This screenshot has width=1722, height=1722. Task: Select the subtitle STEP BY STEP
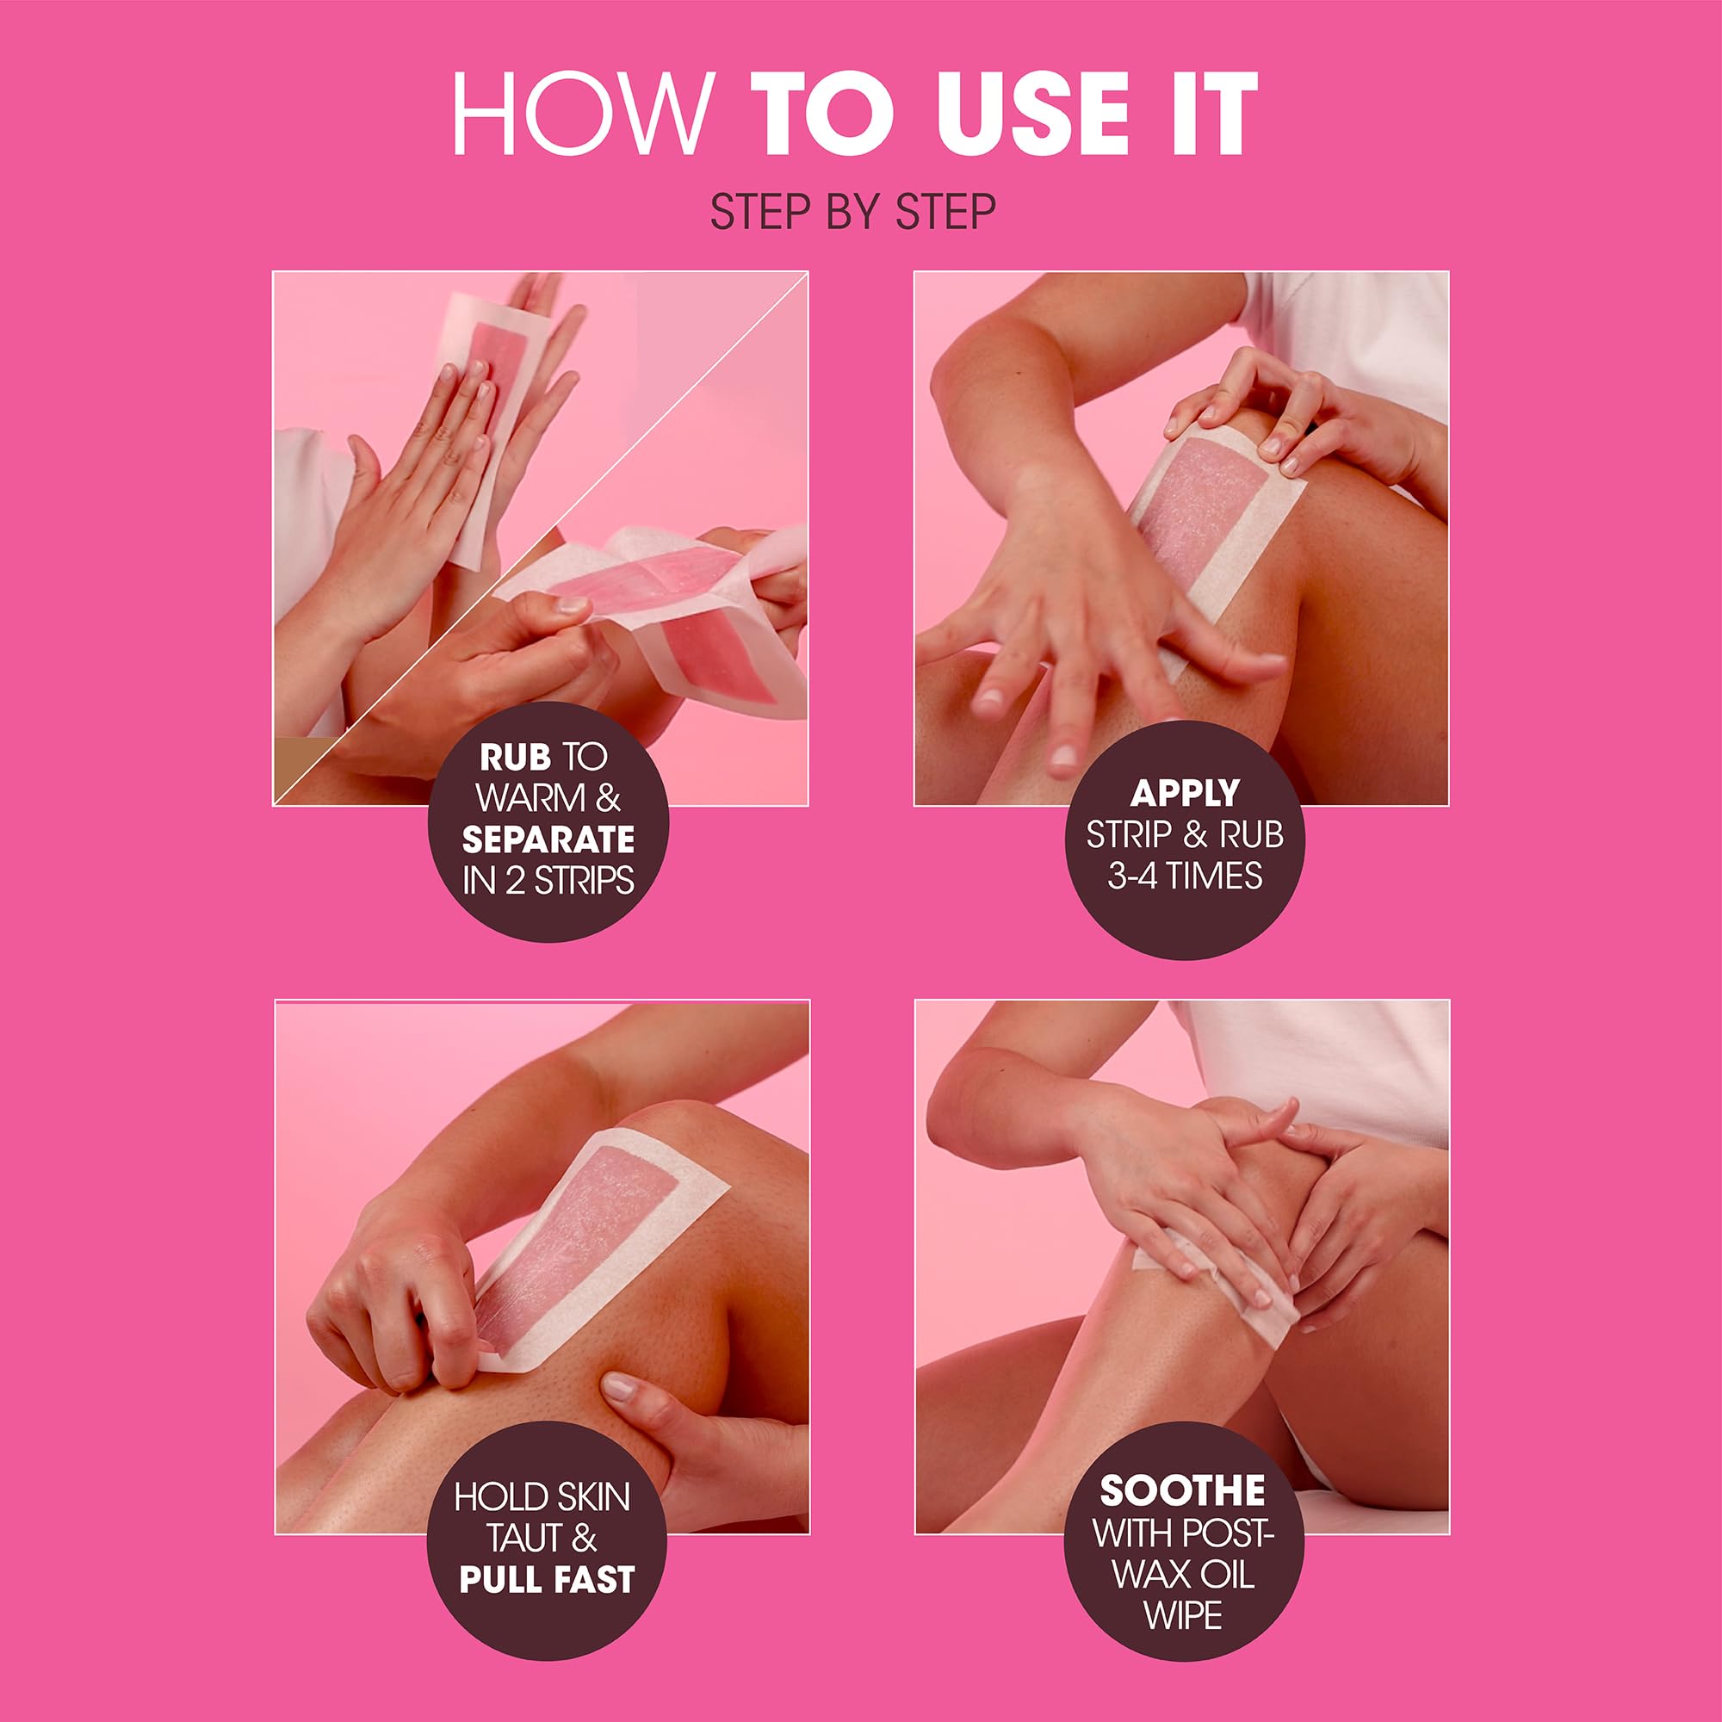[x=853, y=211]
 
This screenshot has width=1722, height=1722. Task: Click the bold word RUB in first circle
[x=515, y=758]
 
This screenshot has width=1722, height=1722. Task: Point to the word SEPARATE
[x=548, y=839]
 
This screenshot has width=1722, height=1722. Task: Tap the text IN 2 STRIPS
[x=548, y=881]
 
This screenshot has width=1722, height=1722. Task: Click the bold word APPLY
[x=1185, y=792]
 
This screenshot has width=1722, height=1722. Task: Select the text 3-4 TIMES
[x=1185, y=876]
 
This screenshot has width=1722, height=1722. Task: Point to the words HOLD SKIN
[x=542, y=1497]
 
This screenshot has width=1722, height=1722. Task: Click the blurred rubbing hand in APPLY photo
[x=1069, y=624]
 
